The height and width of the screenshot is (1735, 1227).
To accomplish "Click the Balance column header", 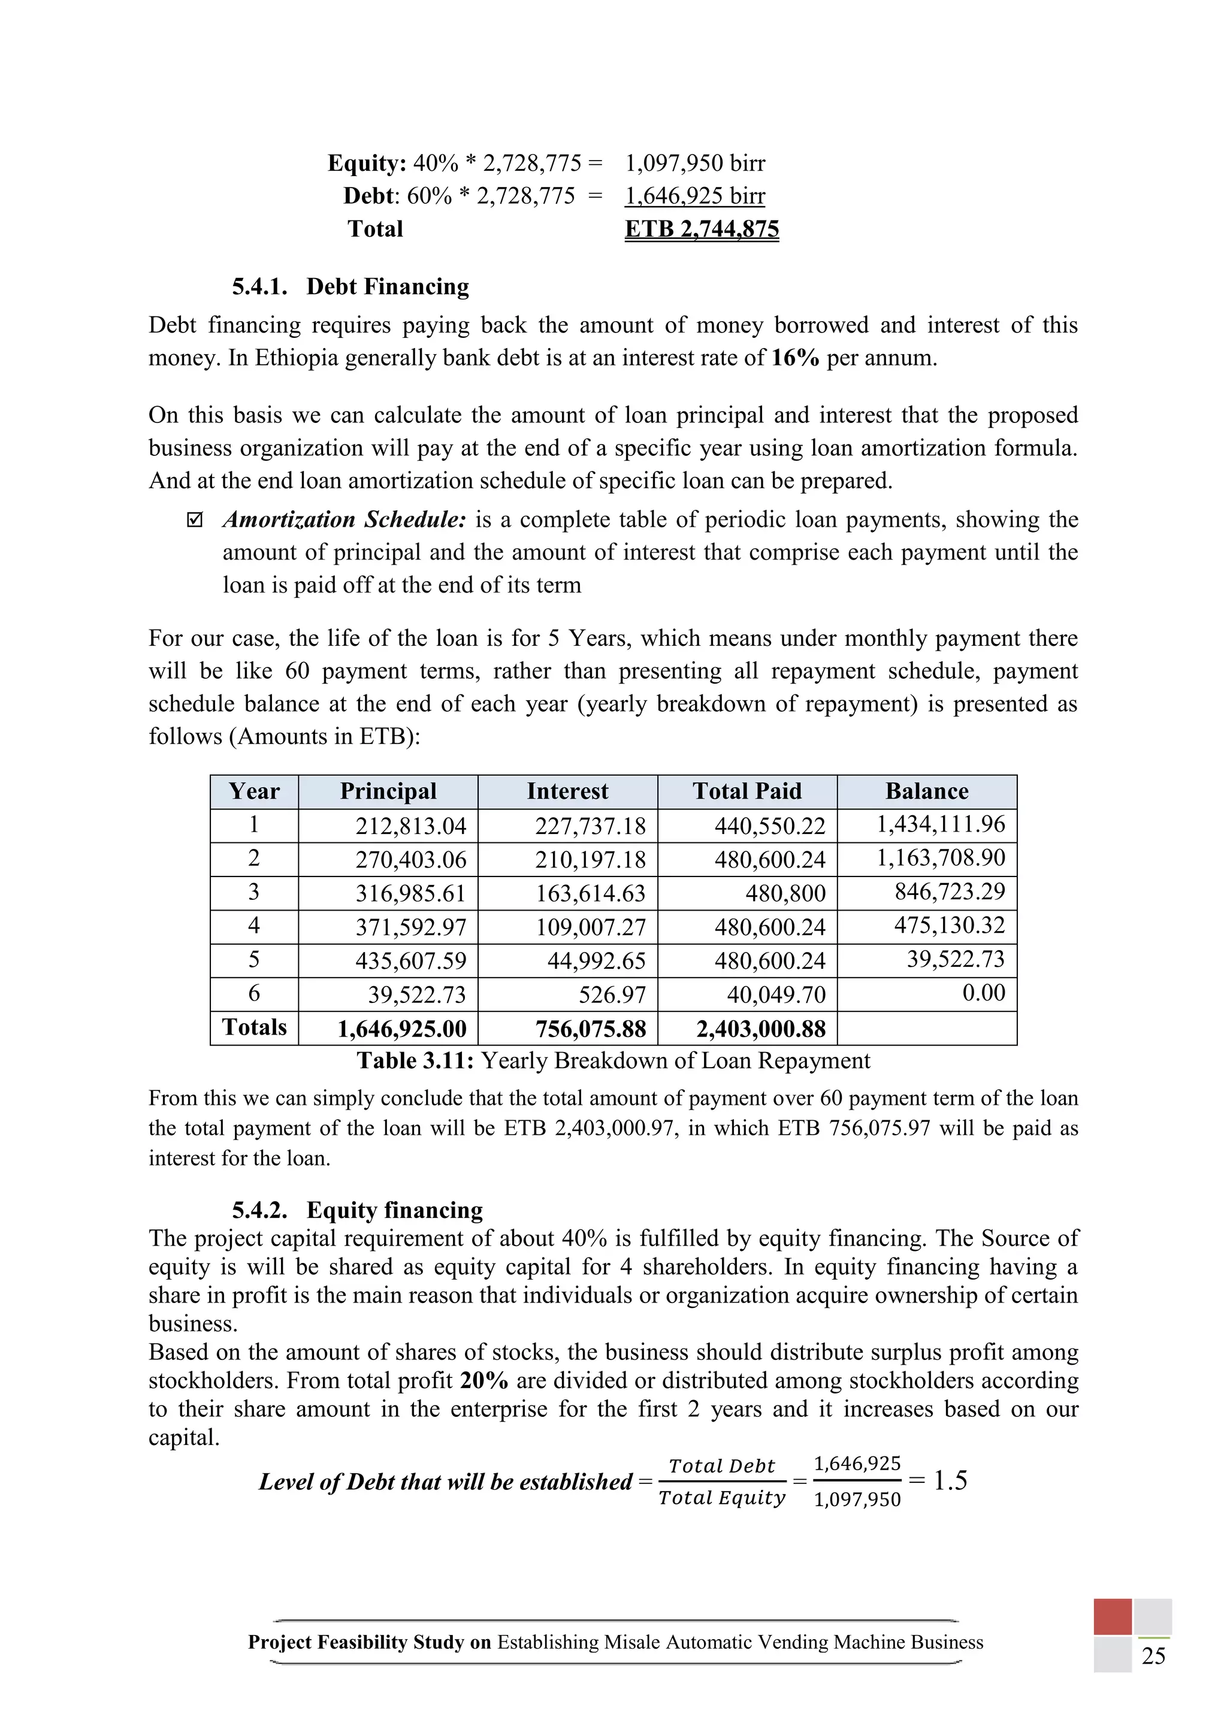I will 926,791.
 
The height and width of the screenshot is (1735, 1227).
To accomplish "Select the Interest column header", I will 567,791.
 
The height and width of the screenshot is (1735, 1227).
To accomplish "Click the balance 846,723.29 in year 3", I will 950,891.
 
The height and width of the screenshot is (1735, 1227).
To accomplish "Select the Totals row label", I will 254,1027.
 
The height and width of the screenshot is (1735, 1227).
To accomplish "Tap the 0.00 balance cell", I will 983,992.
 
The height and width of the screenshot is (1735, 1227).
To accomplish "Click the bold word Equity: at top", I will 367,163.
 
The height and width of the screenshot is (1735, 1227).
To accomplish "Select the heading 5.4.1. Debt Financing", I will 350,286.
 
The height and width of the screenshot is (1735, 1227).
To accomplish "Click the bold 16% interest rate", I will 795,358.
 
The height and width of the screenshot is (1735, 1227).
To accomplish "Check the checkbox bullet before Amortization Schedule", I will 195,521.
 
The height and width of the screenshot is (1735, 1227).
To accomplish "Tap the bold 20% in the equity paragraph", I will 483,1380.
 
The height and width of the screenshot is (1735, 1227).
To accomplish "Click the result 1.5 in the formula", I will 950,1480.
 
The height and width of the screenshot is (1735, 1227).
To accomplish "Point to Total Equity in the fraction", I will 721,1498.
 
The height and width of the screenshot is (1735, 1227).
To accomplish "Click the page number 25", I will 1153,1656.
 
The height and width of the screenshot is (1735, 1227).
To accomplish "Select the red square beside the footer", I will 1111,1616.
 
